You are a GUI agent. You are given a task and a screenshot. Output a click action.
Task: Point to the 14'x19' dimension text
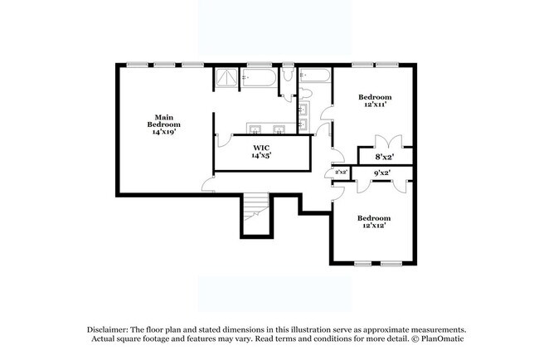point(163,131)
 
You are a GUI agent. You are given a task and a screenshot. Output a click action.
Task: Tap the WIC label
point(260,146)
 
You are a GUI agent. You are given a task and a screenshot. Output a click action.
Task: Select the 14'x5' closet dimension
point(261,155)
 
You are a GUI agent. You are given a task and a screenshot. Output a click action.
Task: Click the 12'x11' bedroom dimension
point(375,105)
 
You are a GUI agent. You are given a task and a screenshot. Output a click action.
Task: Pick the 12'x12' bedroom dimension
point(374,226)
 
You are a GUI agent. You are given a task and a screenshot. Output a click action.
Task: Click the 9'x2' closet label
point(382,173)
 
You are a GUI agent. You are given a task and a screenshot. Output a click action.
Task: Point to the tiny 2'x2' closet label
point(341,173)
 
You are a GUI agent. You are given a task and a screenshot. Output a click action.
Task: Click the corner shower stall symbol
point(226,79)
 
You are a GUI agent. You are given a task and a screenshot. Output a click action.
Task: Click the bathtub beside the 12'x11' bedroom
point(316,77)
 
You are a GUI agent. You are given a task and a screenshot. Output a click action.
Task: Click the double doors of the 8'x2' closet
point(390,142)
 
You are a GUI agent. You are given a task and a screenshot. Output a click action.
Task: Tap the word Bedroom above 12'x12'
point(374,218)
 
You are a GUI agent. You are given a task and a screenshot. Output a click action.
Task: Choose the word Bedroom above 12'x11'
point(375,97)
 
